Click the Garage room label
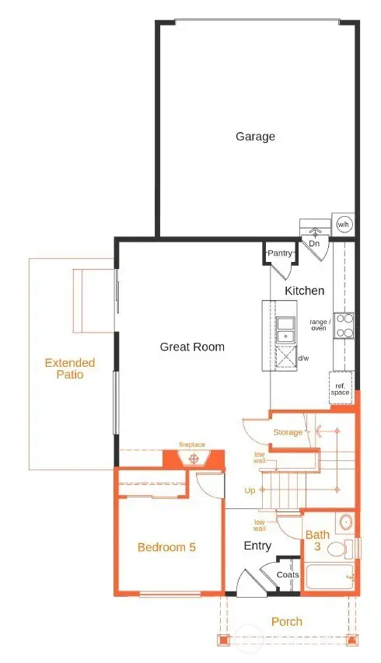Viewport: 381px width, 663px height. click(x=255, y=137)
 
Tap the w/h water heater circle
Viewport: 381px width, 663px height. click(x=343, y=225)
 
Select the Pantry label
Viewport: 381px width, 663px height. click(x=279, y=253)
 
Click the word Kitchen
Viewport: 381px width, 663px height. click(x=304, y=290)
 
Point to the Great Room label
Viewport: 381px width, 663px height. click(x=192, y=347)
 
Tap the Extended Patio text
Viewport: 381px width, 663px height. click(x=69, y=368)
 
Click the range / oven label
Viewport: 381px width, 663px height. click(x=320, y=325)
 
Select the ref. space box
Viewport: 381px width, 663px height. click(x=340, y=389)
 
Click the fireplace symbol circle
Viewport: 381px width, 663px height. click(x=193, y=459)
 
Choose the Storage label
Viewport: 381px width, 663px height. click(x=288, y=432)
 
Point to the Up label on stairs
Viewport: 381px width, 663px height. click(x=251, y=491)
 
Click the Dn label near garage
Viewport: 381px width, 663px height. click(x=314, y=243)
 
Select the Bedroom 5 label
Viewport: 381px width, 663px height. click(x=166, y=547)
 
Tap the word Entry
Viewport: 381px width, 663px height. click(x=257, y=546)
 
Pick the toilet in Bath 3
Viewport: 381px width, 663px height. click(x=336, y=550)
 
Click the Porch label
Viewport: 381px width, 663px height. click(x=287, y=621)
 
